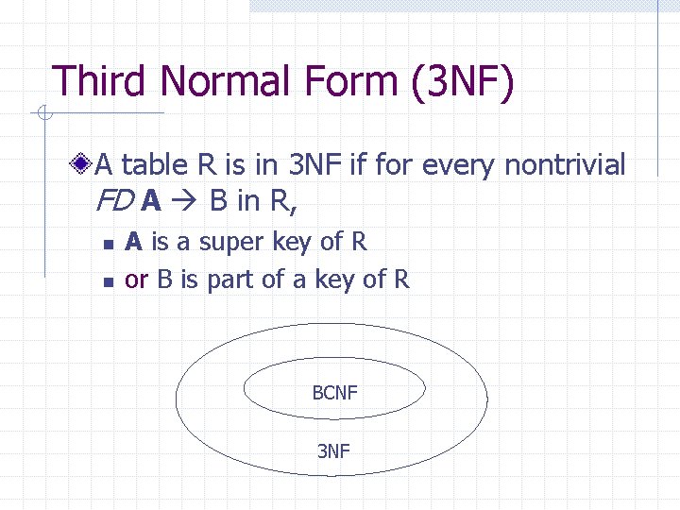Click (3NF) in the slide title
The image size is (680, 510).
point(464,83)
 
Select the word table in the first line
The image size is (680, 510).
point(156,166)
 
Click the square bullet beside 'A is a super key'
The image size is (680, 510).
point(109,245)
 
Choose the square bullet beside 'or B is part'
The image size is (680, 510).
point(109,281)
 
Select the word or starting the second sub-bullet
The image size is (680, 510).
point(136,280)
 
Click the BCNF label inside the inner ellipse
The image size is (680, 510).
point(334,392)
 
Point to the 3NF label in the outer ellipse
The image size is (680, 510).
point(332,451)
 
